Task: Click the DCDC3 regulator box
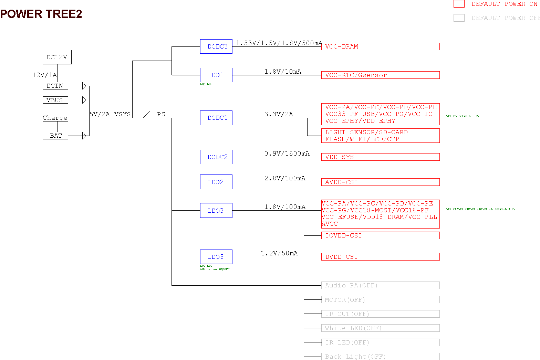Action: [x=216, y=46]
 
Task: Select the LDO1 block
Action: [x=216, y=75]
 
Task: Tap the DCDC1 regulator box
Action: [x=216, y=118]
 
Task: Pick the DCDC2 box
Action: [x=216, y=157]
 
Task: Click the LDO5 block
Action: [x=216, y=257]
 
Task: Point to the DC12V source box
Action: [x=57, y=57]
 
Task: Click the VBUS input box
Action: [x=55, y=100]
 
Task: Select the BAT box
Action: [x=55, y=136]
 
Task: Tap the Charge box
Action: [x=55, y=118]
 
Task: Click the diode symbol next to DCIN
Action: [x=84, y=86]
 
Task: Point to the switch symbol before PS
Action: [x=147, y=114]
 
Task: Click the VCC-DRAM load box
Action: [x=380, y=46]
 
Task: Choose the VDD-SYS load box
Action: [x=380, y=157]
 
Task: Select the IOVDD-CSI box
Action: [x=380, y=235]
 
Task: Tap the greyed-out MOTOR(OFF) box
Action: [x=380, y=300]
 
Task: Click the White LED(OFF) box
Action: [x=380, y=328]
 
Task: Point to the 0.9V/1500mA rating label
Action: [x=287, y=153]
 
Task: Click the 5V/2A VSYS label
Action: [x=110, y=114]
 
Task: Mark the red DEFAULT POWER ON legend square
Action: [x=459, y=4]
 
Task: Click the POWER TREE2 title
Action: [x=41, y=14]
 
